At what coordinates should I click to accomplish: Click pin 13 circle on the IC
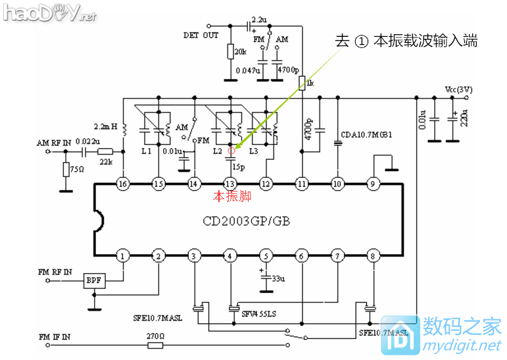click(229, 184)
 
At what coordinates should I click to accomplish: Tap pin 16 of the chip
click(122, 184)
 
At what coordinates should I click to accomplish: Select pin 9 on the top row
click(373, 184)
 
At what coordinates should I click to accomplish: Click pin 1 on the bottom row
click(122, 255)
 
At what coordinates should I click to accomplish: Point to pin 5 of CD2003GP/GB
click(266, 255)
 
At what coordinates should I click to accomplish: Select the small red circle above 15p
click(230, 151)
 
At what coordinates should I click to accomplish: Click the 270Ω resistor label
click(155, 335)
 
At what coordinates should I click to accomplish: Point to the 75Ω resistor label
click(76, 169)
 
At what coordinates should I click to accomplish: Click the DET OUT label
click(201, 36)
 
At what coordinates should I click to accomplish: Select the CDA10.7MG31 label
click(367, 135)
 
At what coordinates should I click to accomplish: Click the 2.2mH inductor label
click(105, 125)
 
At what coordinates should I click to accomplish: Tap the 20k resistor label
click(241, 51)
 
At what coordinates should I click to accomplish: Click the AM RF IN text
click(53, 141)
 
